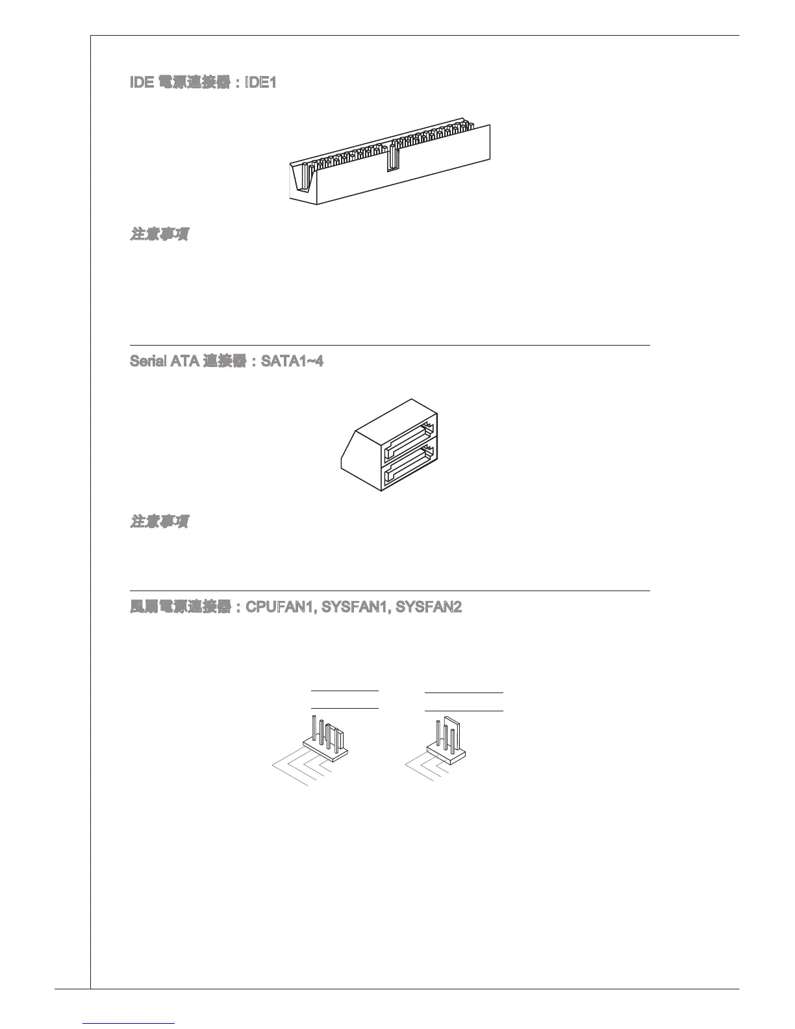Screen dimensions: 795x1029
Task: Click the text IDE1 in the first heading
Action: pos(260,84)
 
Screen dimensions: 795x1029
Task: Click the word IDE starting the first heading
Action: pos(142,84)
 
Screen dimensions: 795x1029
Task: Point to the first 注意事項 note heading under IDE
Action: pos(160,234)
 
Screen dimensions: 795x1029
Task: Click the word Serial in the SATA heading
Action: pos(149,361)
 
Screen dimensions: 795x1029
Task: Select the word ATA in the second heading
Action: pos(185,361)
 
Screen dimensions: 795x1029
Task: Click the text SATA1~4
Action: pos(292,361)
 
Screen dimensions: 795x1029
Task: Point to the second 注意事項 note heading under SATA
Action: pos(160,522)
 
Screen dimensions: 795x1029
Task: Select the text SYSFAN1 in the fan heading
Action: pos(356,608)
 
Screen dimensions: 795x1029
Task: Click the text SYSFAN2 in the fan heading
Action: pos(429,608)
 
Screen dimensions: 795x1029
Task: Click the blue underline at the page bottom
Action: pos(129,1023)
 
